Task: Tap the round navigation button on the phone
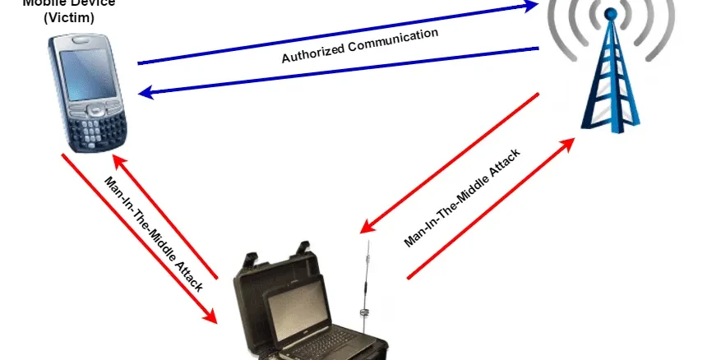point(96,108)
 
